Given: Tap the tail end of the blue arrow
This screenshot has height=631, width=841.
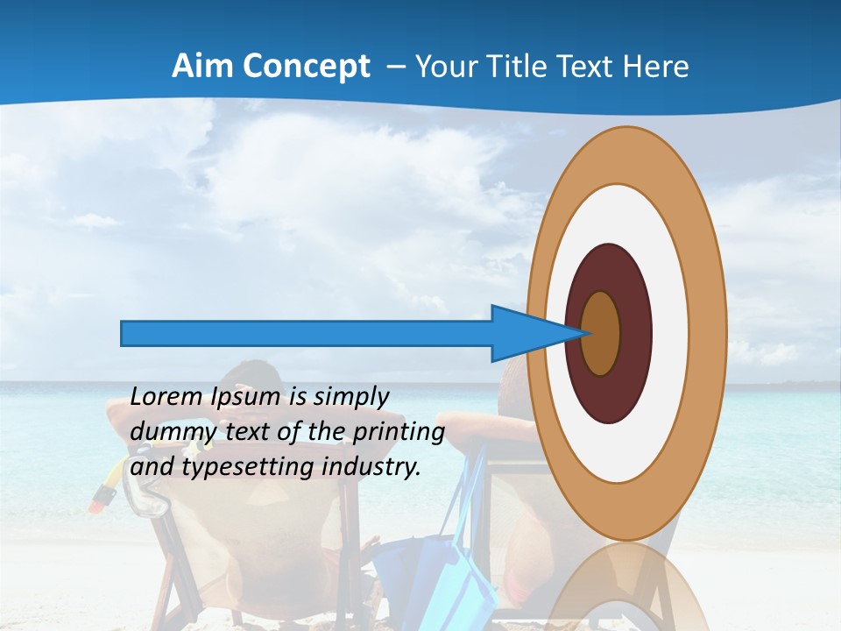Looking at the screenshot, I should pyautogui.click(x=123, y=333).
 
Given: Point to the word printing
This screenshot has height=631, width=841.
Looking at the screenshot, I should pyautogui.click(x=399, y=432).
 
